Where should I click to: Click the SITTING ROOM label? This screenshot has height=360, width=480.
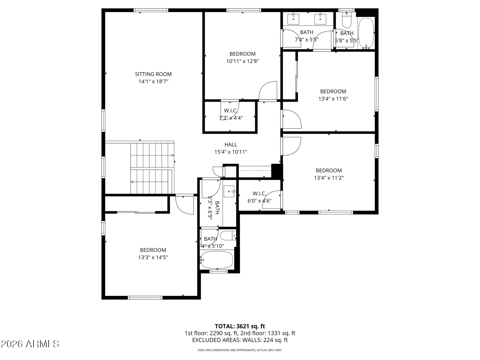(x=153, y=74)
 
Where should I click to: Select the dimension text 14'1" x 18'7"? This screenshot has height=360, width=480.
(x=153, y=82)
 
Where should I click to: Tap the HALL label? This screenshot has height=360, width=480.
(x=231, y=145)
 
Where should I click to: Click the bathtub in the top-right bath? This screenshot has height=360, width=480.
(x=366, y=33)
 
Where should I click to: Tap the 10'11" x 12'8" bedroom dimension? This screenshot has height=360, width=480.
(x=242, y=61)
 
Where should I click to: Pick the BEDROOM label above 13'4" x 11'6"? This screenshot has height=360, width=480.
(x=333, y=91)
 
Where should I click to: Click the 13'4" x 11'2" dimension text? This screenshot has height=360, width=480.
(x=329, y=178)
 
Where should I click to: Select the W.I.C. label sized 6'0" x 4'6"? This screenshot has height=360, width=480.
(x=259, y=193)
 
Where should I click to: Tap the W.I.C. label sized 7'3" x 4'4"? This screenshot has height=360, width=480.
(x=231, y=111)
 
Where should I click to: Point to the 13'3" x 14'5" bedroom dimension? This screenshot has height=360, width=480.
(x=153, y=257)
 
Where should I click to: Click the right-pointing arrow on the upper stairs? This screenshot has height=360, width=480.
(x=172, y=155)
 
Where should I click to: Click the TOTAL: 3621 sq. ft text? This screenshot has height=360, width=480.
(x=240, y=326)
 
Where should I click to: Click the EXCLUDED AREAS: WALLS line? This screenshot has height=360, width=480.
(x=240, y=340)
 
